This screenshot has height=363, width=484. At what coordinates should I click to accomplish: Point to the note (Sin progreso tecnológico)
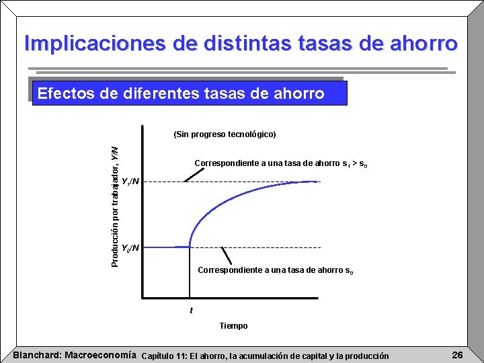225,134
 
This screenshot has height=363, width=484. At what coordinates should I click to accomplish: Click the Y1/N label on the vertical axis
130,182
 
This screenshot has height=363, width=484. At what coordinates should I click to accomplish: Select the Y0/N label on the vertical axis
130,247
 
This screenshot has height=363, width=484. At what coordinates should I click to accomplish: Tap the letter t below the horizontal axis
191,310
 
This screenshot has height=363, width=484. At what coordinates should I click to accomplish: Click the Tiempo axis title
233,326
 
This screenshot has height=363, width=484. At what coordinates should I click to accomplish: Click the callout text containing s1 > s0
280,163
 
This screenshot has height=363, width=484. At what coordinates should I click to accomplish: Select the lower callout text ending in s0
275,270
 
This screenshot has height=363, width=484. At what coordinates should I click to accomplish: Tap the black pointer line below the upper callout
194,174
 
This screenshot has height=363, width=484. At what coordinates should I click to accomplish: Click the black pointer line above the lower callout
227,255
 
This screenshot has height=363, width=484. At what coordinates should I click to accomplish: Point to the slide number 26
457,355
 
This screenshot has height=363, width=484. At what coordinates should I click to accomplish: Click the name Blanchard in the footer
37,355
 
